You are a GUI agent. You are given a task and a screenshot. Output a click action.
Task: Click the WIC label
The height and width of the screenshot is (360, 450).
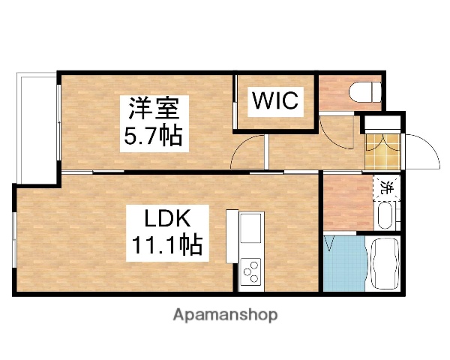pyautogui.click(x=275, y=100)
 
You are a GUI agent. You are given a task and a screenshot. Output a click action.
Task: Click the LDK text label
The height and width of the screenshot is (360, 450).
pyautogui.click(x=170, y=219)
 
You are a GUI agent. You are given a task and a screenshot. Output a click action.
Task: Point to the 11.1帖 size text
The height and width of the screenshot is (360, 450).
pyautogui.click(x=170, y=245)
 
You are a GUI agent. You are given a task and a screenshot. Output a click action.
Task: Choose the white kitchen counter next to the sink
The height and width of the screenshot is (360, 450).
pyautogui.click(x=232, y=234)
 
